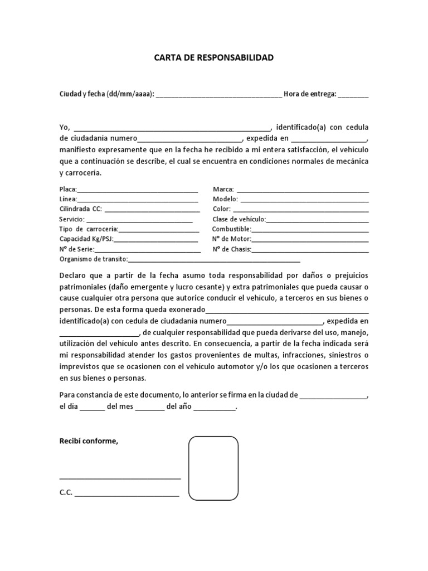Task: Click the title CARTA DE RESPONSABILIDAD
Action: [x=213, y=57]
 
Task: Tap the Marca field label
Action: [x=223, y=190]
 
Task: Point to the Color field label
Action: [x=222, y=210]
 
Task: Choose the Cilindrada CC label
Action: [x=81, y=210]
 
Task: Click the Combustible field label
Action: [x=232, y=229]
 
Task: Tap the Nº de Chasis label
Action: [x=232, y=249]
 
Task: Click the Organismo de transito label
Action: [x=94, y=259]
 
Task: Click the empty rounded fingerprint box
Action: [x=213, y=468]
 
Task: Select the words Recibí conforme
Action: [x=89, y=441]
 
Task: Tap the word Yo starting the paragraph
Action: [x=64, y=127]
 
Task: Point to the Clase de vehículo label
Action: [x=239, y=220]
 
